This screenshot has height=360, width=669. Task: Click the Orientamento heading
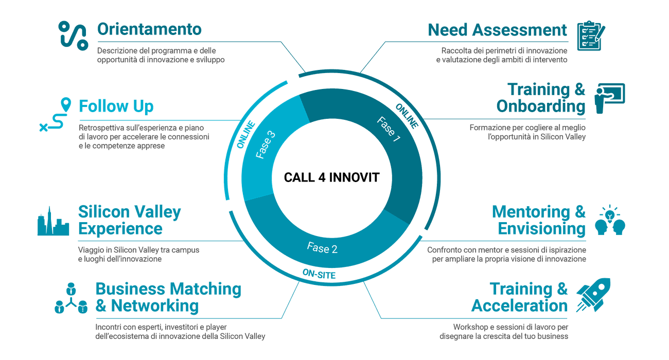coord(149,29)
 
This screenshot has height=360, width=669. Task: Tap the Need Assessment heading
coord(497,30)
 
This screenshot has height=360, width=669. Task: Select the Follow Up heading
coord(116,106)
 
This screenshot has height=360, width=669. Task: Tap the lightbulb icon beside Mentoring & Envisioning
coord(610,221)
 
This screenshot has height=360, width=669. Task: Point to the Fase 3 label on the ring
coord(265,145)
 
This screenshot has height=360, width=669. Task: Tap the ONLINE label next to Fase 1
coord(407,116)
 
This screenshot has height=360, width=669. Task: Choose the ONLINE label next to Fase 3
coord(246,135)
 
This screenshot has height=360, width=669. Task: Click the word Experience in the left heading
coord(120,228)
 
